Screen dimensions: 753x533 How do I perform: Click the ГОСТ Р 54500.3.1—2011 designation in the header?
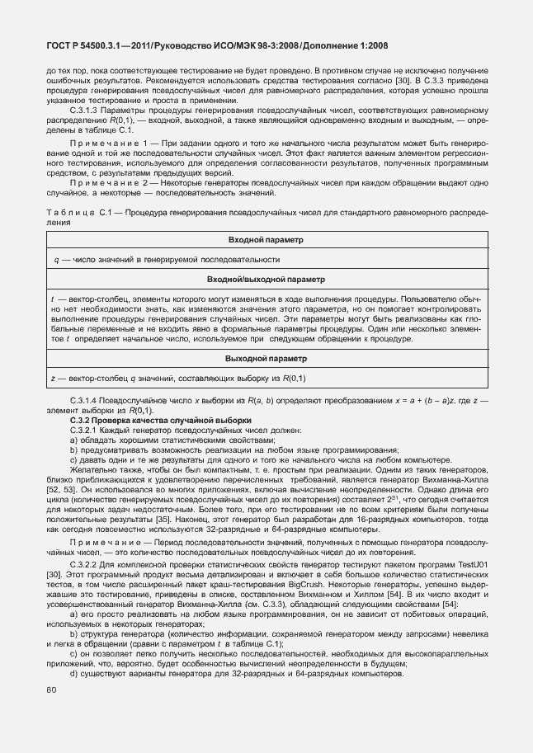[x=97, y=47]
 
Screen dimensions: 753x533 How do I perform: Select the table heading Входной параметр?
[x=266, y=239]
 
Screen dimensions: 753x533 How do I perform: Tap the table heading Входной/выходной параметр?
[x=266, y=280]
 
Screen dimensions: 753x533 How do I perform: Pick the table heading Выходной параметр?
[x=266, y=359]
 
